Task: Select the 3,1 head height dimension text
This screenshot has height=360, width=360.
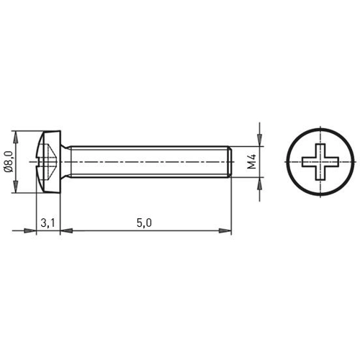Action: click(x=48, y=222)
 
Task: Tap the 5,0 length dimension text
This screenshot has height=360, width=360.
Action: click(x=143, y=222)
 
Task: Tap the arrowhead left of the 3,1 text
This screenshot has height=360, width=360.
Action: click(x=31, y=230)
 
